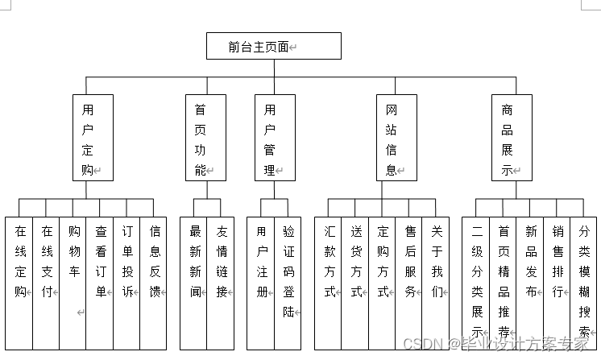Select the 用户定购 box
92,138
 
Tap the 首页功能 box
201,138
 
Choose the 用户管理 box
275,138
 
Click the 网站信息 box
396,138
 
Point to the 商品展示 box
512,138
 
